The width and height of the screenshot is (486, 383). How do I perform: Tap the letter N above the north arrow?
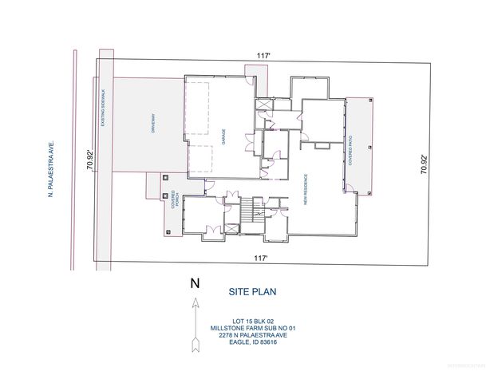[194, 282]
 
